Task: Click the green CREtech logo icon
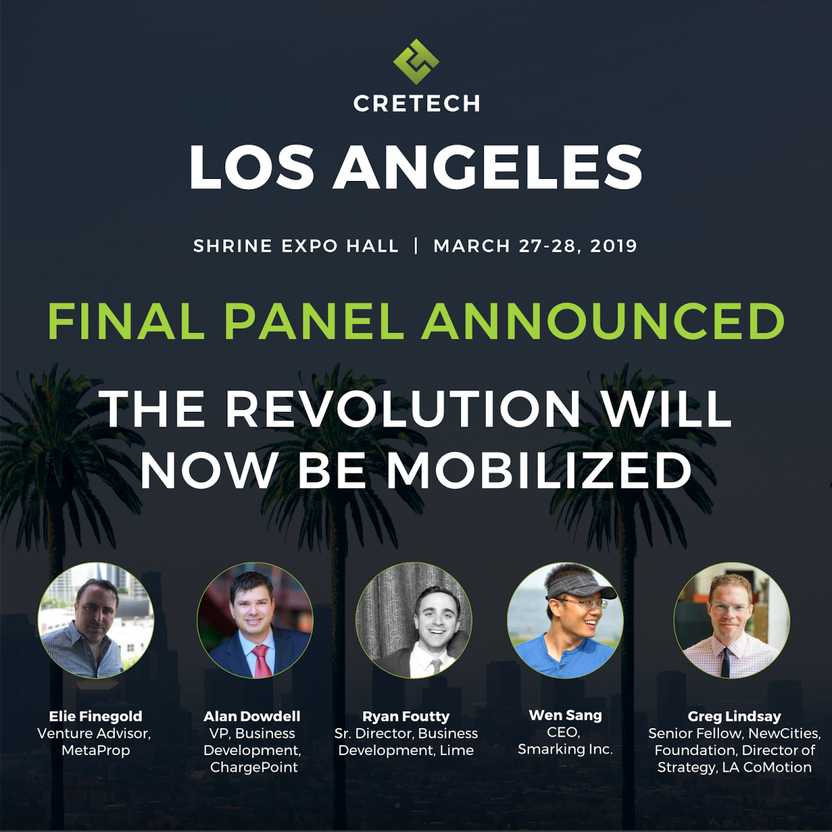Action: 416,61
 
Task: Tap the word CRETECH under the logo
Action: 417,104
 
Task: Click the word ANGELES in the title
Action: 487,168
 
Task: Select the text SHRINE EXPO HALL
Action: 296,246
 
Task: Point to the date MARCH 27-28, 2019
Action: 535,246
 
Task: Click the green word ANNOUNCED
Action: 603,322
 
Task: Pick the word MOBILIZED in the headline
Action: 539,471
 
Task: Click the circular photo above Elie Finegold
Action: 96,621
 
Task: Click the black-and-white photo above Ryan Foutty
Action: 414,621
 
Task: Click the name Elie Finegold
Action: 96,716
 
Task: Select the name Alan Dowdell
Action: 252,716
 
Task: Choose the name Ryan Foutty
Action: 406,716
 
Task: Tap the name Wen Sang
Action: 565,715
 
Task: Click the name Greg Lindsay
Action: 734,716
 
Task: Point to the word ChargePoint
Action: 254,768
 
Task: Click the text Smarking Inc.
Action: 565,749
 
